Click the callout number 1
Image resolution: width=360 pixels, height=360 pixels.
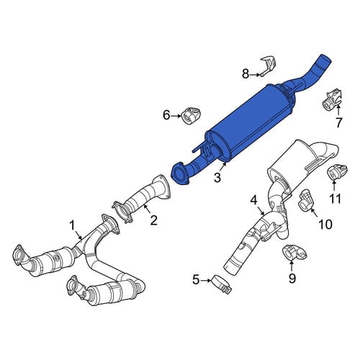(72, 226)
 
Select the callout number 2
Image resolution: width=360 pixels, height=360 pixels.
(154, 220)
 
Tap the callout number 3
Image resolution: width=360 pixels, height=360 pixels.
(217, 178)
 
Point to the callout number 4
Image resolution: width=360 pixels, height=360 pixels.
(254, 200)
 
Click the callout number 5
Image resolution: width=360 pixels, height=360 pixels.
(196, 280)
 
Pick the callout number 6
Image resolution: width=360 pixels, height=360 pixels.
(166, 115)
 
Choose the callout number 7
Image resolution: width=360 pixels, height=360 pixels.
(338, 123)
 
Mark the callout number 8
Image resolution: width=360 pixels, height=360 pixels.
(246, 74)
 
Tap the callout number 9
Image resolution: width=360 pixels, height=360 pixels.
(292, 279)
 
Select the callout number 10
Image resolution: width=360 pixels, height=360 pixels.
(325, 225)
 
